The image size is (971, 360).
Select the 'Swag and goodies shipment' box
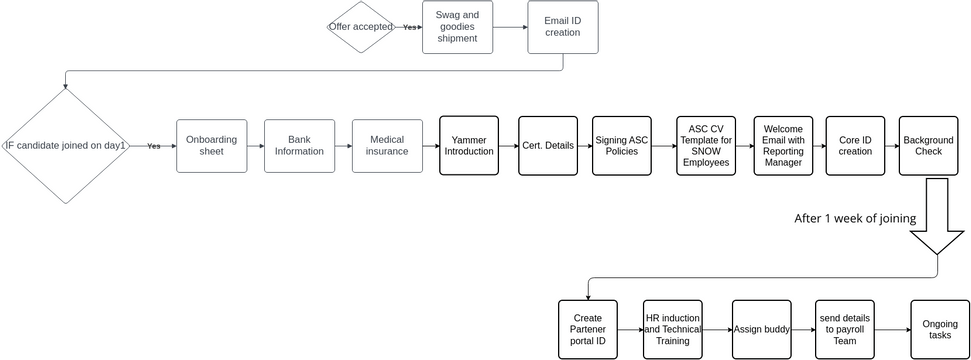pos(457,27)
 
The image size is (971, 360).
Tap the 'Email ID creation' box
pos(562,27)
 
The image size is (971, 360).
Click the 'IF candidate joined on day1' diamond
pos(66,146)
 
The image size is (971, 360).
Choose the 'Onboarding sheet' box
pos(211,146)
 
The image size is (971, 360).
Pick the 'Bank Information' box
pos(299,146)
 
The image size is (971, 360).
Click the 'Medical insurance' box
pos(387,146)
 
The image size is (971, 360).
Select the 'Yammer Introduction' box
pos(469,146)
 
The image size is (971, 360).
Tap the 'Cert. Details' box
pos(548,146)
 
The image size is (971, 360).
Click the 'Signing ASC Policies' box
pos(622,146)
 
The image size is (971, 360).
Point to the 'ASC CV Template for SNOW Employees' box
pos(706,146)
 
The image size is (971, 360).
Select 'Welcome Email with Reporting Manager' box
pos(783,146)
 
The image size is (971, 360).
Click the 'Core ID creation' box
pos(855,146)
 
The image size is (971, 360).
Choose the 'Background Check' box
pos(928,146)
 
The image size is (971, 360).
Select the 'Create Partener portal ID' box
pos(587,329)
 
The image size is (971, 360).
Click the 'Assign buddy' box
pos(761,329)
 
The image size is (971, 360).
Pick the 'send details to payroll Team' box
pos(844,329)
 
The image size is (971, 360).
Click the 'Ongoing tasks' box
pos(939,329)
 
